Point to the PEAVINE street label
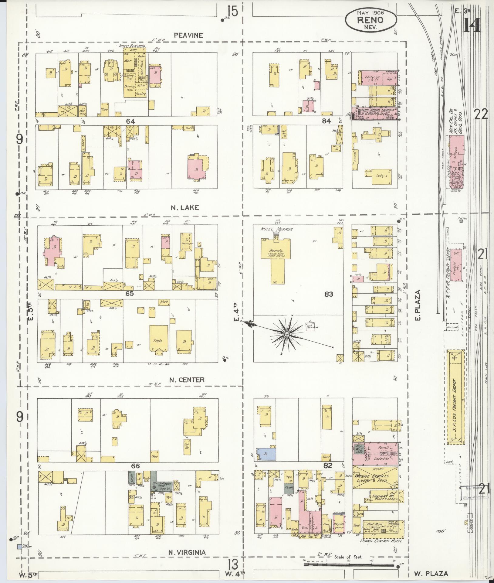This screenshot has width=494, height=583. [x=188, y=35]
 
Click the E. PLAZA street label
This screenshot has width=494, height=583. [x=418, y=305]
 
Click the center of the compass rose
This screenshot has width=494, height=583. [x=286, y=334]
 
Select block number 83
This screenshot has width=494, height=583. [x=329, y=294]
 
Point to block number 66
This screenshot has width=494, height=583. [x=135, y=466]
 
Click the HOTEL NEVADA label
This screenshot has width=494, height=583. [x=276, y=230]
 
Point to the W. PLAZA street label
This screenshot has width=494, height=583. [x=431, y=574]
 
